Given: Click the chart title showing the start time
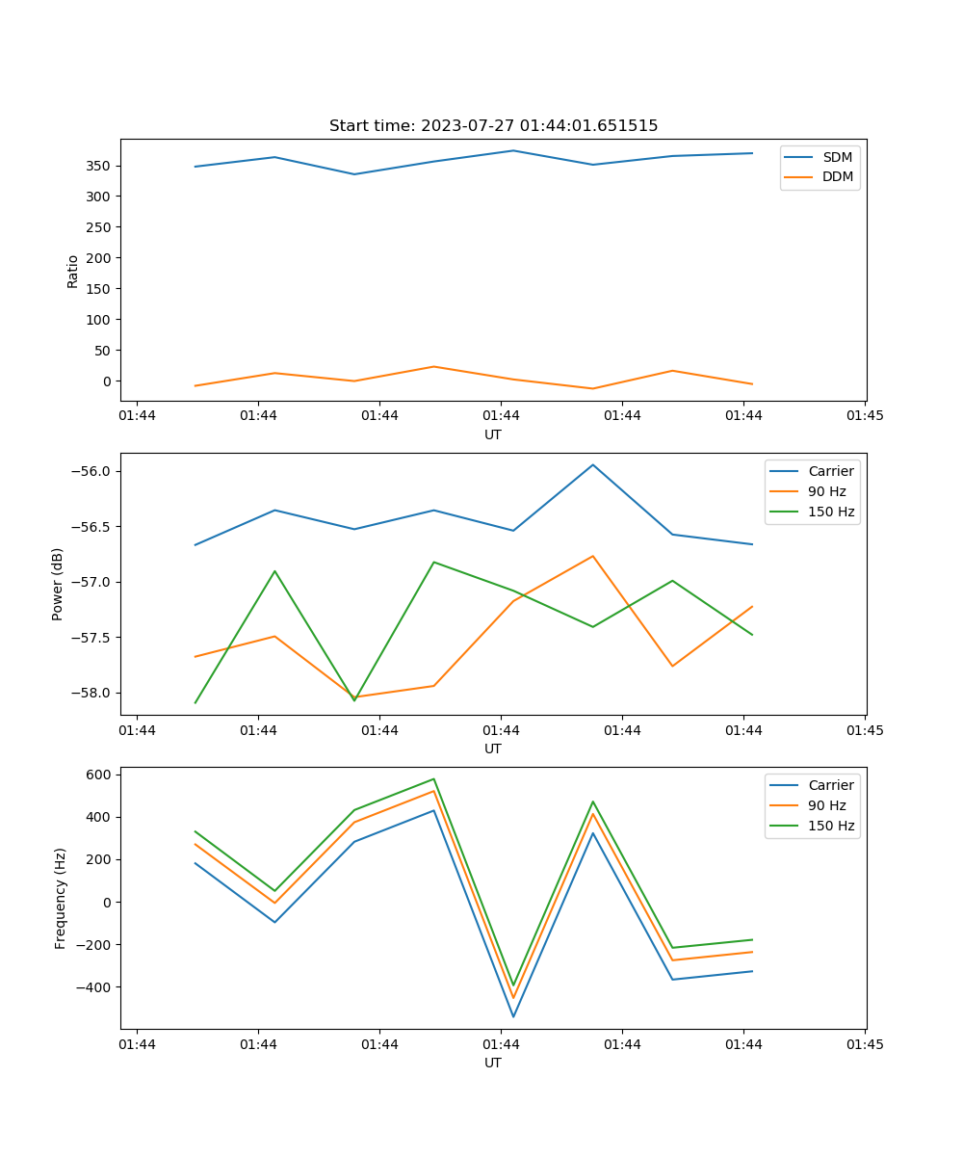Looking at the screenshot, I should (493, 126).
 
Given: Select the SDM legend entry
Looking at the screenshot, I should (837, 157).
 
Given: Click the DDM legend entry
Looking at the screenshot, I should (837, 176).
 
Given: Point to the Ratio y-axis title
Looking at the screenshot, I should (73, 271).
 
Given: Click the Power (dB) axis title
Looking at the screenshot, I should (58, 584).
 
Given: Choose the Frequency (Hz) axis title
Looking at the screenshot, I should (61, 898).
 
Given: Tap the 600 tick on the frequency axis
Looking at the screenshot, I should (99, 775).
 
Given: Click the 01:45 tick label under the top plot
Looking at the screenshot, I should (865, 416).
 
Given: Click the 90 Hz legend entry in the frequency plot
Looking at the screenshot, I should (827, 805).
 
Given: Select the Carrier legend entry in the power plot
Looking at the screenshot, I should (831, 471).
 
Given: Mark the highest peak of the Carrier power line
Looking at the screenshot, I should (593, 465).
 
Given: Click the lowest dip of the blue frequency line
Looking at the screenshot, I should (513, 1016).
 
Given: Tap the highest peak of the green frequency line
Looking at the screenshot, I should (434, 779).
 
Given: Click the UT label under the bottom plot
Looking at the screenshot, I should (493, 1063).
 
